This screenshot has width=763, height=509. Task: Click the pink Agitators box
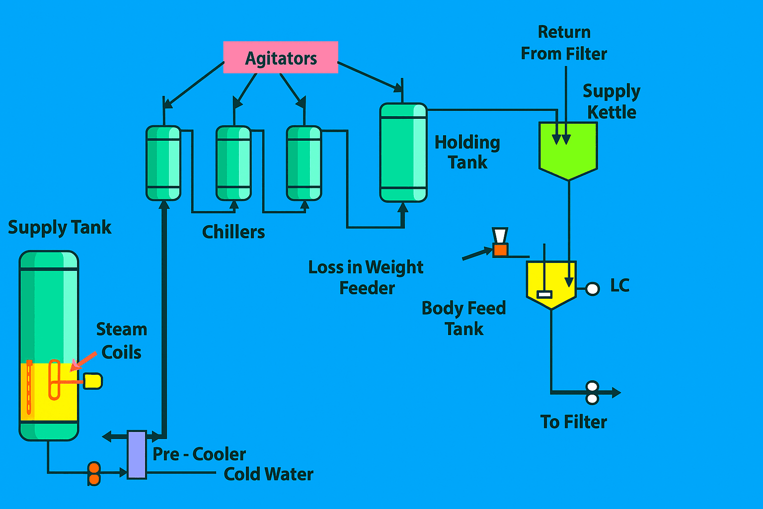tap(281, 58)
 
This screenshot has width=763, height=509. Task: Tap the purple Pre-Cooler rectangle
tap(137, 454)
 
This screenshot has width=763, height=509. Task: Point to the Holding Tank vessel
tap(403, 153)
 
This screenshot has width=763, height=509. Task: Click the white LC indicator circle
tap(593, 289)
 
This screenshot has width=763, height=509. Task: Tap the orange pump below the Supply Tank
tap(94, 474)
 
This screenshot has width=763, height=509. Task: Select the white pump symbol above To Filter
tap(592, 393)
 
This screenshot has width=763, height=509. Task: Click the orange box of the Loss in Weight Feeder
tap(500, 250)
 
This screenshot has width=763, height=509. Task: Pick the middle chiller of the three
tap(233, 163)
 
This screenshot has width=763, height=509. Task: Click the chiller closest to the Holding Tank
tap(304, 163)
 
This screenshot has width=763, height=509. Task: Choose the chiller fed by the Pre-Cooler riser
tap(163, 163)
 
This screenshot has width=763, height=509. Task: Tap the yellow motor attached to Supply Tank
tap(93, 381)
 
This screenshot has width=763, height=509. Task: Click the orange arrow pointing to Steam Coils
tap(83, 361)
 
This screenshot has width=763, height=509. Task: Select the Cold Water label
tap(268, 474)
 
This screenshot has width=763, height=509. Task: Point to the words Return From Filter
tap(564, 43)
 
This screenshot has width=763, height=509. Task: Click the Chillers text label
tap(233, 232)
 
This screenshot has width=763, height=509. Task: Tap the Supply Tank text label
tap(60, 228)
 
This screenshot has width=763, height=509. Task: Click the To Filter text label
tap(574, 422)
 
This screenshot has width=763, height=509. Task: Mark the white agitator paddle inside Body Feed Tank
tap(545, 294)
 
